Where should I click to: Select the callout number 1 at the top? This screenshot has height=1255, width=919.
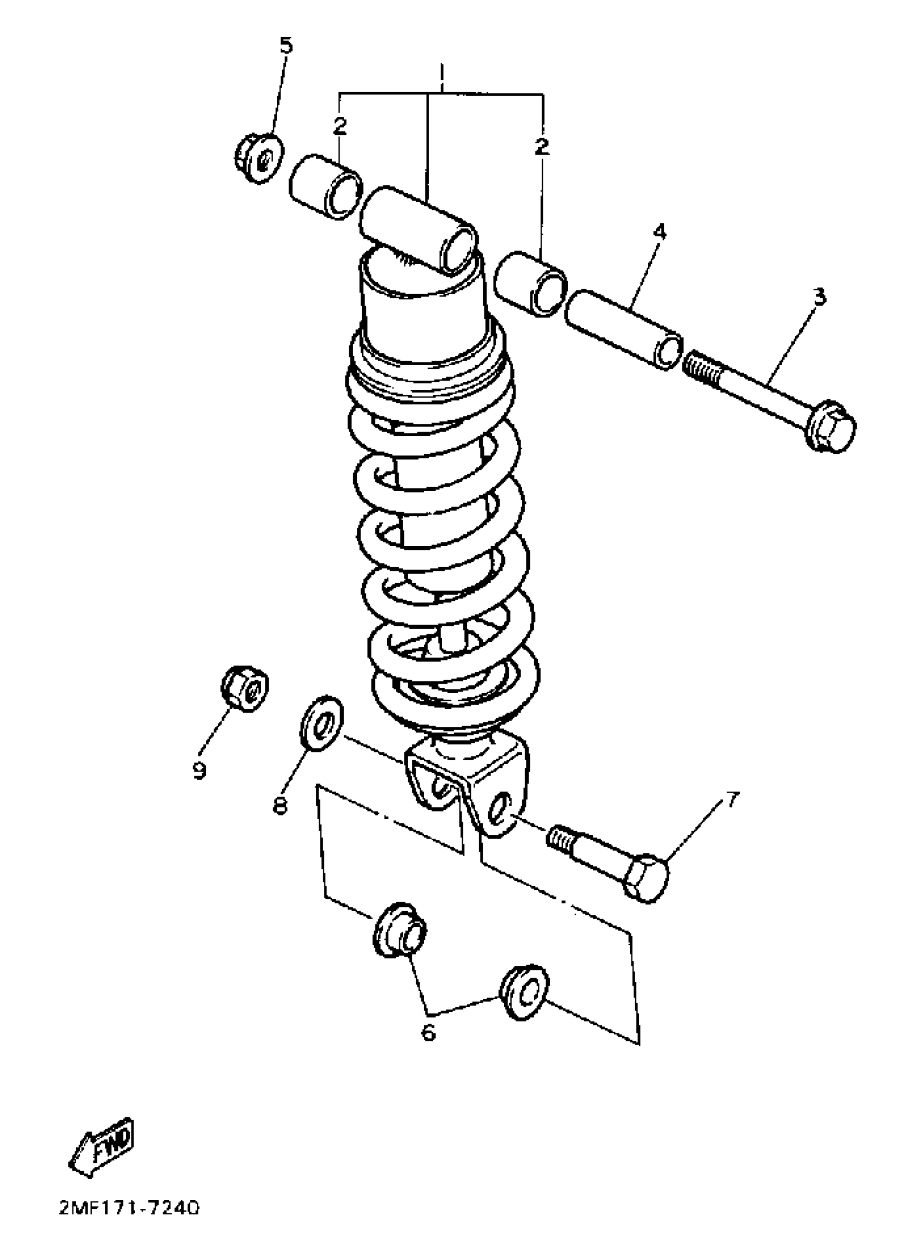point(442,72)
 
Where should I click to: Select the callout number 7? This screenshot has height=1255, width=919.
point(732,799)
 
